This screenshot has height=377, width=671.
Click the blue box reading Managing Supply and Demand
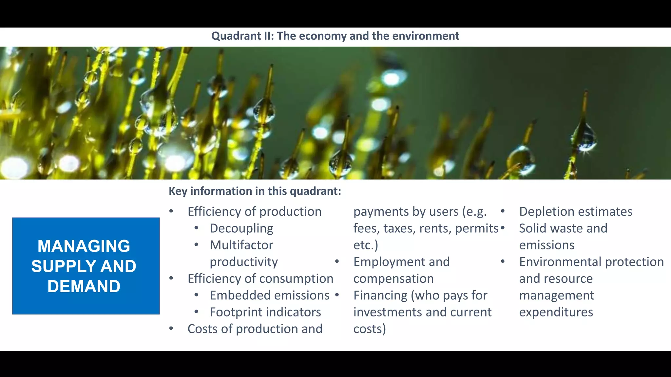coord(86,266)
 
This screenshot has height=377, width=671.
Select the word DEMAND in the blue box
coord(84,286)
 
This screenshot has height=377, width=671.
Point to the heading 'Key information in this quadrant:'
coord(255,191)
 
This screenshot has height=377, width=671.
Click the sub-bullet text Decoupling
coord(241,228)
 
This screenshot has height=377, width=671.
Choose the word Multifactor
coord(241,245)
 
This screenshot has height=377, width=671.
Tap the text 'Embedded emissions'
coord(269,295)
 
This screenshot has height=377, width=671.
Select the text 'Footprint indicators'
coord(265,312)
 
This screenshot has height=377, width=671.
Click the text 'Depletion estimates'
coord(576,212)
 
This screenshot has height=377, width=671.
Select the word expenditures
coord(556,312)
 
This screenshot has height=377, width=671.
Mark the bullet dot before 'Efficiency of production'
coord(171,211)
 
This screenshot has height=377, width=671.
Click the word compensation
coord(393,278)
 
